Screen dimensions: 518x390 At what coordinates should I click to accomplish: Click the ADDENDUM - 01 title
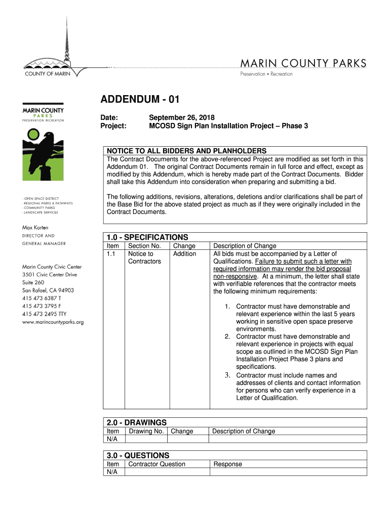pyautogui.click(x=140, y=100)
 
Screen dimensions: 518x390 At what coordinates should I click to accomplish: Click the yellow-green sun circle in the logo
pyautogui.click(x=33, y=135)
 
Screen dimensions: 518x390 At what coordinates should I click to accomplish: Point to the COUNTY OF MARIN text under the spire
pyautogui.click(x=48, y=73)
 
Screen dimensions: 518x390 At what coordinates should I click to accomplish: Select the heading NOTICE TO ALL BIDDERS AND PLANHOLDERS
pyautogui.click(x=185, y=151)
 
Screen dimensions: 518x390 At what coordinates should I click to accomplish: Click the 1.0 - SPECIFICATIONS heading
pyautogui.click(x=147, y=237)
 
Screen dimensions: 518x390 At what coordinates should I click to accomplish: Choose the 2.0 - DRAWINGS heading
pyautogui.click(x=136, y=422)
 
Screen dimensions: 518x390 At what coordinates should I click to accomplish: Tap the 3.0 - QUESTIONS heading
pyautogui.click(x=138, y=455)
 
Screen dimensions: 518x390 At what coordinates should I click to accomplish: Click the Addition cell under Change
pyautogui.click(x=184, y=254)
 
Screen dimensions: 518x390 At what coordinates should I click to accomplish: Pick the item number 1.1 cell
pyautogui.click(x=112, y=254)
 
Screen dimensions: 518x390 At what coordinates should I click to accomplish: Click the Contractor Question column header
pyautogui.click(x=157, y=464)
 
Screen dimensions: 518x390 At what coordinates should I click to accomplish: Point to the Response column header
pyautogui.click(x=228, y=464)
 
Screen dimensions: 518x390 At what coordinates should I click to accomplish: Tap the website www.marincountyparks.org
pyautogui.click(x=53, y=322)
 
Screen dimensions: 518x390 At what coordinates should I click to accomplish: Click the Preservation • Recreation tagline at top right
pyautogui.click(x=266, y=74)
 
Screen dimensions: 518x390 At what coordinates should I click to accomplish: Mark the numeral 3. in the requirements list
pyautogui.click(x=228, y=375)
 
